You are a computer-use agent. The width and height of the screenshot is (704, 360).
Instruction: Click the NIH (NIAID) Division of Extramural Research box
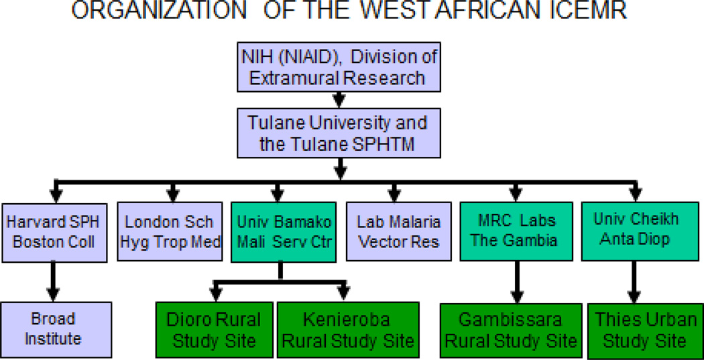(339, 67)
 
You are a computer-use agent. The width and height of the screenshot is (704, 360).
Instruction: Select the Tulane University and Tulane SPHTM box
(339, 133)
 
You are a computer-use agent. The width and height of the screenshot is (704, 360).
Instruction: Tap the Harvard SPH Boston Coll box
(54, 233)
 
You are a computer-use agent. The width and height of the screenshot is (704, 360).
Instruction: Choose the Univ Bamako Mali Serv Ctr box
(284, 232)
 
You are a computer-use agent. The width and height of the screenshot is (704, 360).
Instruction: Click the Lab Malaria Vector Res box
(399, 231)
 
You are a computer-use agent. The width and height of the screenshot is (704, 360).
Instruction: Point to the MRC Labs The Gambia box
(516, 231)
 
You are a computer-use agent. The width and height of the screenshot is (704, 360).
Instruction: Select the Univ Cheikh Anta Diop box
(636, 231)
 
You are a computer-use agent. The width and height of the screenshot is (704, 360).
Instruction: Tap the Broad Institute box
(55, 330)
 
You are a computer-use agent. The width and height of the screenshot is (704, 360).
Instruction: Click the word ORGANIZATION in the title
(159, 11)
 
